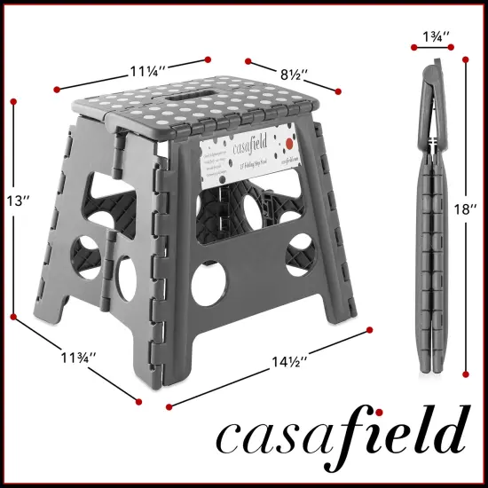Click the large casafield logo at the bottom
click(x=341, y=435)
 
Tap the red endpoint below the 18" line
click(x=465, y=375)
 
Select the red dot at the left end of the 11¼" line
click(x=57, y=89)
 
